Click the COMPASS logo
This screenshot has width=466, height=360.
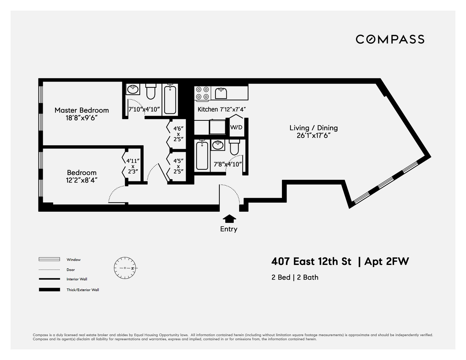[390, 39]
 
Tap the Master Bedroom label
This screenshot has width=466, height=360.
[82, 110]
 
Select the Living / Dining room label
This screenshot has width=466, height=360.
[313, 128]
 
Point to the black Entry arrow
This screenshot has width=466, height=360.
[229, 218]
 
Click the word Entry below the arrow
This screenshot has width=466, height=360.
[229, 229]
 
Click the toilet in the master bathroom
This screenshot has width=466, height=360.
[151, 92]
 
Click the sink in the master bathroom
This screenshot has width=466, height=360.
[133, 90]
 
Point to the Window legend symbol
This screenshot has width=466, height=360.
[49, 259]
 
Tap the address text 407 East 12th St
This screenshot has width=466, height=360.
[311, 262]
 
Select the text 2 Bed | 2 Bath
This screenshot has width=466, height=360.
[295, 277]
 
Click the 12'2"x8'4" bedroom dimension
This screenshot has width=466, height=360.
[82, 180]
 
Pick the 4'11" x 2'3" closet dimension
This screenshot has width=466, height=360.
[132, 165]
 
